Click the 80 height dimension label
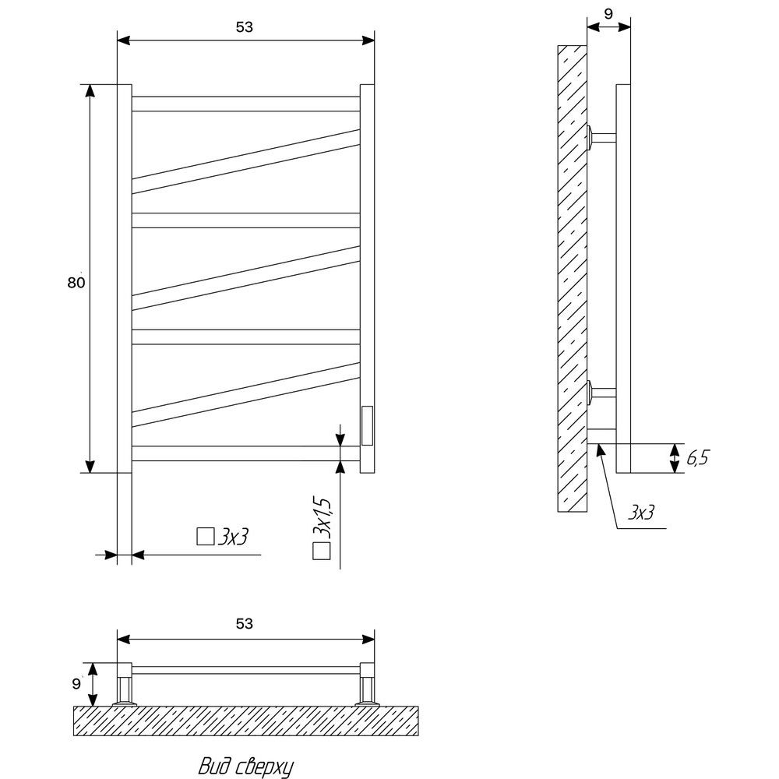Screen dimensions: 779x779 point(76,283)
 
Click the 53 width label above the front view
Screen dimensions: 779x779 point(244,27)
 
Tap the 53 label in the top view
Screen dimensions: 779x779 point(244,623)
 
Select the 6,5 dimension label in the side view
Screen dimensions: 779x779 point(697,457)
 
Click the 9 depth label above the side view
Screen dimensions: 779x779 point(608,14)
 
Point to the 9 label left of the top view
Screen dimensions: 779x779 point(76,684)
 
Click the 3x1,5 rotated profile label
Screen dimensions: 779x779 point(322,516)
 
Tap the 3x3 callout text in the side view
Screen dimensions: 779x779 point(641,512)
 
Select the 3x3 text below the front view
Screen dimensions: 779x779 point(232,537)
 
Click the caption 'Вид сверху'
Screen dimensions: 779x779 point(245,766)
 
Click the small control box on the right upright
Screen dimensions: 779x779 point(367,426)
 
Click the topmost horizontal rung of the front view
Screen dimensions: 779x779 point(246,104)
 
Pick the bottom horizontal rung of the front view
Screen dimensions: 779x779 point(246,453)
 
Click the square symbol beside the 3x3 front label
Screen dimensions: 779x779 point(205,537)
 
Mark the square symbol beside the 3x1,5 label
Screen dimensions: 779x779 point(322,552)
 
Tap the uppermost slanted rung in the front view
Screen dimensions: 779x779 point(246,161)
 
